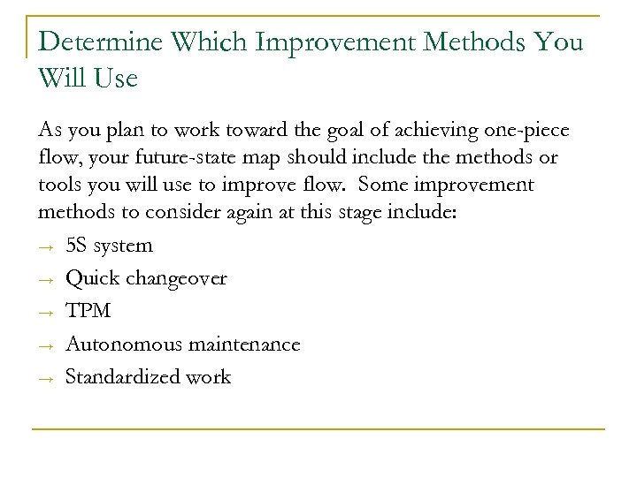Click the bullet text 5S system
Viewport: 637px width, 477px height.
coord(109,246)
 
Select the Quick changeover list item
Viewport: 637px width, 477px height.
coord(146,278)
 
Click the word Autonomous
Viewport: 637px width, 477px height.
coord(124,344)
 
